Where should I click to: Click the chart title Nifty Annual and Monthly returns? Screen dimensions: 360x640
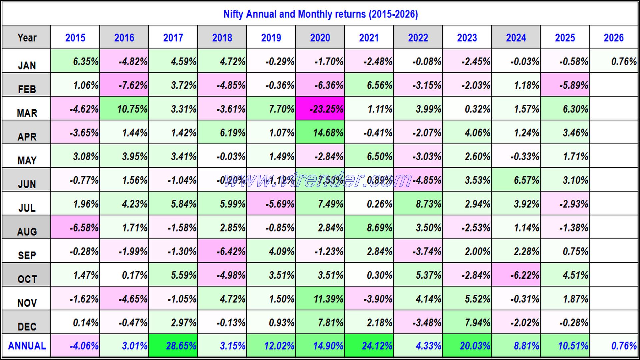pyautogui.click(x=320, y=14)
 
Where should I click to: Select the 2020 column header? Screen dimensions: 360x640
pyautogui.click(x=320, y=38)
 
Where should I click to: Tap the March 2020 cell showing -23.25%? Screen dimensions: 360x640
pyautogui.click(x=320, y=109)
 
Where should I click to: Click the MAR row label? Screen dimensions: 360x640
pyautogui.click(x=27, y=113)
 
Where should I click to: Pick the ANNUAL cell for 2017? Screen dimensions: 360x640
pyautogui.click(x=173, y=346)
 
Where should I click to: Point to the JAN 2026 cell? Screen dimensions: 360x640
pyautogui.click(x=614, y=61)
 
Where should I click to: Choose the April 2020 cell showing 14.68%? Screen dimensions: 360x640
pyautogui.click(x=320, y=133)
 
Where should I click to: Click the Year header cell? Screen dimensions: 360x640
pyautogui.click(x=27, y=38)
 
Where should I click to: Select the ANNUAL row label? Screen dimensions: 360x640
pyautogui.click(x=27, y=346)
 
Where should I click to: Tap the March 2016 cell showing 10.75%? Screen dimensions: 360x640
pyautogui.click(x=124, y=109)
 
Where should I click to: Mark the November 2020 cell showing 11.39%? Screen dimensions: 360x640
pyautogui.click(x=320, y=299)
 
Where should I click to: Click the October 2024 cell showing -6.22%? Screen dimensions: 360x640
pyautogui.click(x=516, y=275)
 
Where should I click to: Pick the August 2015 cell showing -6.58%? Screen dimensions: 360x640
pyautogui.click(x=75, y=228)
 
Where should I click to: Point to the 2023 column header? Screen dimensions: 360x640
pyautogui.click(x=467, y=38)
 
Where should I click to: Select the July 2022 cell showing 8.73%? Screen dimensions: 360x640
pyautogui.click(x=418, y=204)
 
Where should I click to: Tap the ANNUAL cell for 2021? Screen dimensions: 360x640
pyautogui.click(x=369, y=346)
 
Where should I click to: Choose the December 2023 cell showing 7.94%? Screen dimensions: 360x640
pyautogui.click(x=467, y=322)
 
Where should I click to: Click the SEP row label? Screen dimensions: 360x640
pyautogui.click(x=27, y=255)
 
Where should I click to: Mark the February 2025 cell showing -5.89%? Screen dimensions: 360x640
pyautogui.click(x=565, y=85)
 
